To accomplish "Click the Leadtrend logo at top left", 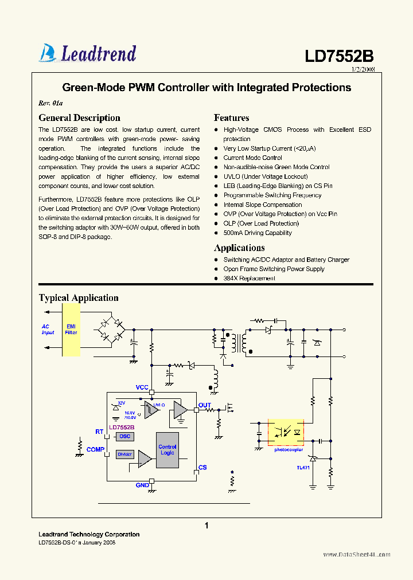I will click(x=88, y=53).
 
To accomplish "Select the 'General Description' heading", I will click(x=79, y=118).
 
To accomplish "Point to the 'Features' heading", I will click(x=231, y=118).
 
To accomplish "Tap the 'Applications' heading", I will click(x=239, y=248).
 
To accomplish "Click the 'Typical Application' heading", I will click(x=79, y=298).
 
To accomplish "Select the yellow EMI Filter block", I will click(x=71, y=329).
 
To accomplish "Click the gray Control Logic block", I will click(x=167, y=450).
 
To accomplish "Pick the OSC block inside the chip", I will click(x=125, y=437).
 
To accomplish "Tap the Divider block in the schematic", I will click(x=124, y=454).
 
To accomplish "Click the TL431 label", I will click(x=303, y=468).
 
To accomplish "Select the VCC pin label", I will click(x=142, y=387).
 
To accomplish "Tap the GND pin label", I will click(x=142, y=485).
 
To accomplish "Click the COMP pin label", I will click(x=95, y=450).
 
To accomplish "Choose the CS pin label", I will click(x=202, y=468).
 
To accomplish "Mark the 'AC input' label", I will click(x=48, y=330).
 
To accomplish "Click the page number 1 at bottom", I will click(x=206, y=526).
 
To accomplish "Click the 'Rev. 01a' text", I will click(x=50, y=104).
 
